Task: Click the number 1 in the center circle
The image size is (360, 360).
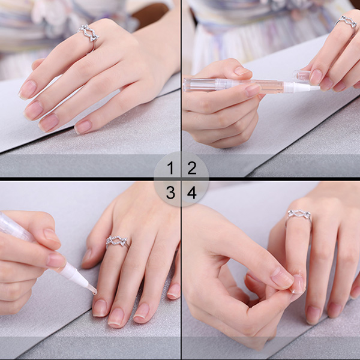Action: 170,168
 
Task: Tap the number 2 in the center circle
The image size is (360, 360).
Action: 192,168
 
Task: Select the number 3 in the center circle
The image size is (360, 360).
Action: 170,193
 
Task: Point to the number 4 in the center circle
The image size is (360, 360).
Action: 192,193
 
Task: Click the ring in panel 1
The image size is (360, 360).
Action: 89,34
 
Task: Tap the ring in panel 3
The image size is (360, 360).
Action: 117,242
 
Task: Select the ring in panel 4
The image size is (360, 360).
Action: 299,215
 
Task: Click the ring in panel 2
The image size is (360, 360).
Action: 347,22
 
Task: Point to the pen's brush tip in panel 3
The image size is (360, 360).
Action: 92,289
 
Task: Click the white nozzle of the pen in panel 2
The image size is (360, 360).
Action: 301,87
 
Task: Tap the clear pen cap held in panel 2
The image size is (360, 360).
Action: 301,76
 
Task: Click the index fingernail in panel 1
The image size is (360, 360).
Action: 28,89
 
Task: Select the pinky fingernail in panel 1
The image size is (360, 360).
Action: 83,127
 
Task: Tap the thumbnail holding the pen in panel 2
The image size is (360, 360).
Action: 253,90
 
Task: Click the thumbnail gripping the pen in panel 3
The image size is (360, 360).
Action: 56,260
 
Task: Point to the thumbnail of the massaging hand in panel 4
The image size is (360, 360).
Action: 282,278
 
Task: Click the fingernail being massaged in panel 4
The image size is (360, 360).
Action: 298,284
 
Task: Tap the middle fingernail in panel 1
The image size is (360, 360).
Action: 34,110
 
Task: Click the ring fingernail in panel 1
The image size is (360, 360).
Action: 49,123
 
